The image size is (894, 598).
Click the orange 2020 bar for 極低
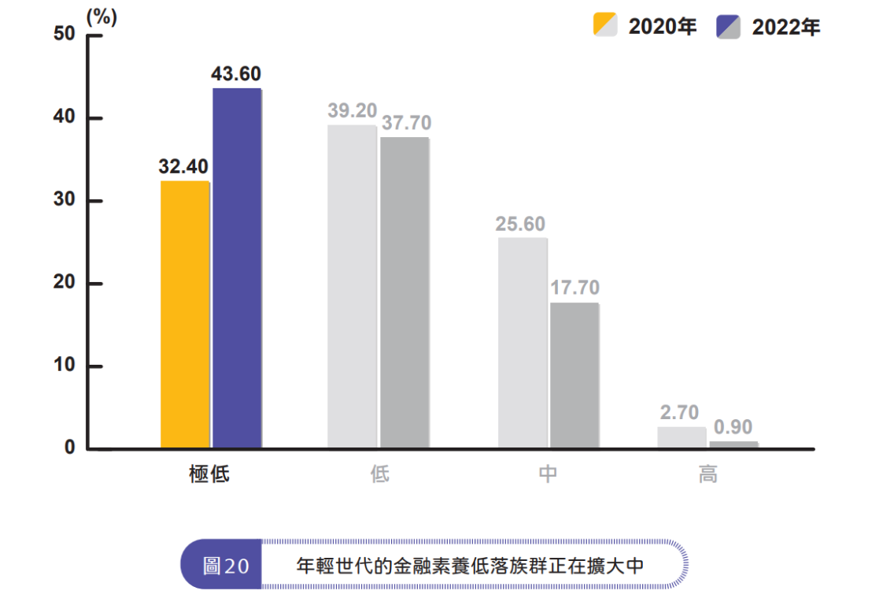pyautogui.click(x=185, y=315)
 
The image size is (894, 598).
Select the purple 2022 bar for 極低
pyautogui.click(x=237, y=269)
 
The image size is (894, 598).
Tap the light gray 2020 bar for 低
pyautogui.click(x=352, y=287)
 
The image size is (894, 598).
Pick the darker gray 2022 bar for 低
pyautogui.click(x=405, y=293)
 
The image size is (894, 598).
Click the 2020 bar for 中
pyautogui.click(x=522, y=344)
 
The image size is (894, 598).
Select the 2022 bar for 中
pyautogui.click(x=574, y=376)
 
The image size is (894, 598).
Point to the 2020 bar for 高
pyautogui.click(x=682, y=438)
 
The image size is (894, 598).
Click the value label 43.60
pyautogui.click(x=236, y=74)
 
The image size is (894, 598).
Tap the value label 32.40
pyautogui.click(x=183, y=167)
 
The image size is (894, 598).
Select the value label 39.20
pyautogui.click(x=352, y=111)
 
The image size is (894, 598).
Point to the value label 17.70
pyautogui.click(x=574, y=288)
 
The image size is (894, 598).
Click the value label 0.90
pyautogui.click(x=733, y=428)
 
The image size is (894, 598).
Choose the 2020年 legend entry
pyautogui.click(x=645, y=27)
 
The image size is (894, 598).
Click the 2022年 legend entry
pyautogui.click(x=768, y=27)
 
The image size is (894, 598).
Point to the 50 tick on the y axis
pyautogui.click(x=64, y=35)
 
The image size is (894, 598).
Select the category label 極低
pyautogui.click(x=209, y=474)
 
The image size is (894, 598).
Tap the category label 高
pyautogui.click(x=707, y=474)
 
